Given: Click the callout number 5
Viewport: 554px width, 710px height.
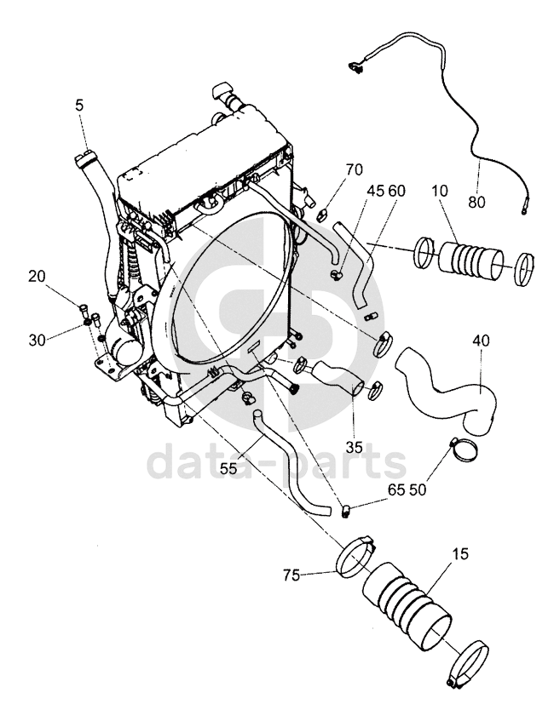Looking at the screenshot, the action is pos(80,106).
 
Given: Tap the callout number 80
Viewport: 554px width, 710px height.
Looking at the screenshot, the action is pos(477,202).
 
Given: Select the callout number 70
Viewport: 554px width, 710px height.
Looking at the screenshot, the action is pos(354,169).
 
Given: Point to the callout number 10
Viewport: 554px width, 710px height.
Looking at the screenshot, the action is pos(439,191).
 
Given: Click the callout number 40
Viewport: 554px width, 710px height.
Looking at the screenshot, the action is pos(481,340).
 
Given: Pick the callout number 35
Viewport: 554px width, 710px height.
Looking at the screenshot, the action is pos(354,447).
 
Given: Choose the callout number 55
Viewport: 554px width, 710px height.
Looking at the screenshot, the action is pos(228,468).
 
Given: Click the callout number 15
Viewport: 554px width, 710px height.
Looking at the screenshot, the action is pos(460,553).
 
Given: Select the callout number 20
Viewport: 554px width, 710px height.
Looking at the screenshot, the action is pos(38,276).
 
